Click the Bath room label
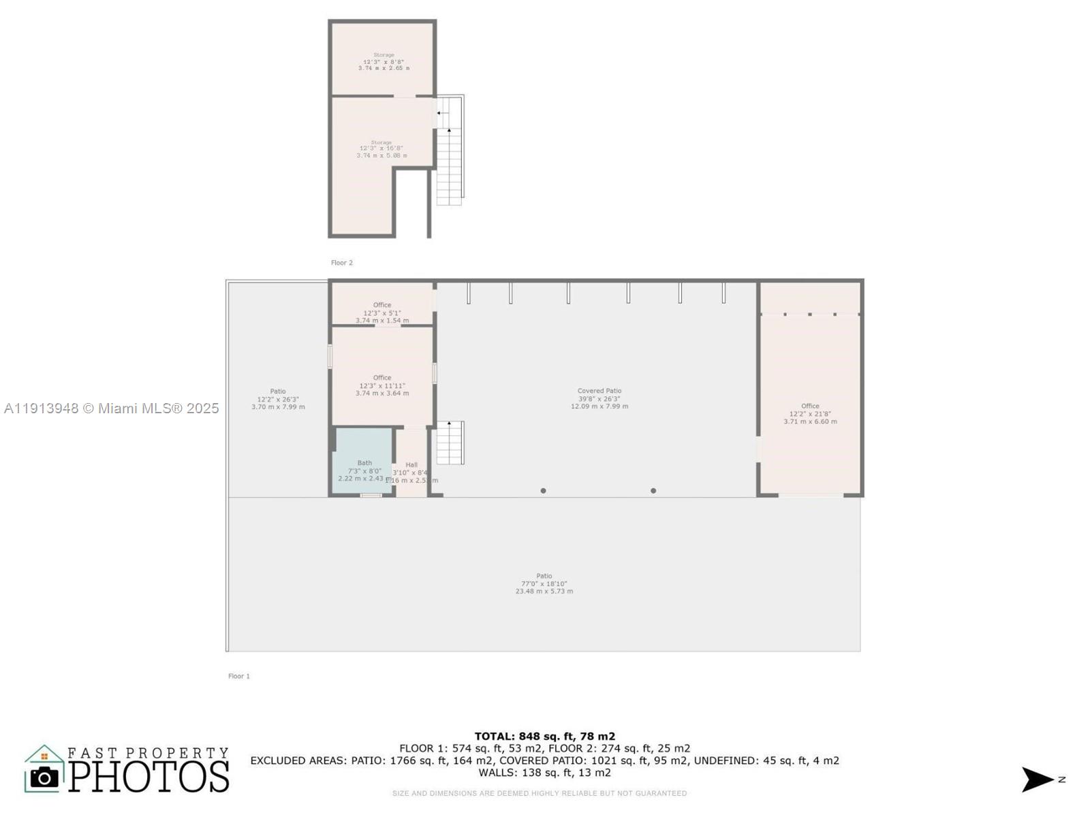click(364, 470)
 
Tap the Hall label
click(411, 472)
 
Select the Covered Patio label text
click(599, 398)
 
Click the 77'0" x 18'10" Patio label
click(544, 583)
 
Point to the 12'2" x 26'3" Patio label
click(278, 399)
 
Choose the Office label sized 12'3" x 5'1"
click(382, 313)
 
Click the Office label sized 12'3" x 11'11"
click(382, 385)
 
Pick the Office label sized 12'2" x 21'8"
click(810, 413)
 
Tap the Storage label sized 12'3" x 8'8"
click(384, 61)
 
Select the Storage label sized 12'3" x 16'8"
click(381, 149)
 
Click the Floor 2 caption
click(342, 263)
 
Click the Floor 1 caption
click(239, 676)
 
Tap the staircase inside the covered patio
click(450, 443)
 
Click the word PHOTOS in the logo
click(149, 777)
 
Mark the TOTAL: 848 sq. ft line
click(544, 736)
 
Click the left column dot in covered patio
click(543, 491)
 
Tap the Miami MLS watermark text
click(111, 408)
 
